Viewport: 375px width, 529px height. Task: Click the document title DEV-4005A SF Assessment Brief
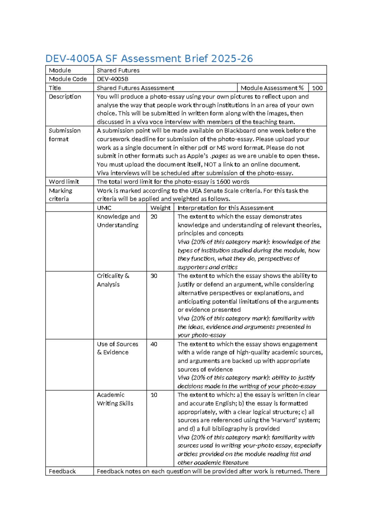coord(149,59)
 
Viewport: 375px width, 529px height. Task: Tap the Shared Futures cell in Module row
coord(118,70)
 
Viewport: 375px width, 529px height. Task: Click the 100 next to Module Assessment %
coord(317,88)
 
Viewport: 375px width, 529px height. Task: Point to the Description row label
coord(65,97)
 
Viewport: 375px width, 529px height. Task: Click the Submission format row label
coord(64,135)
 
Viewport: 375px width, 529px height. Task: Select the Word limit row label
coord(64,182)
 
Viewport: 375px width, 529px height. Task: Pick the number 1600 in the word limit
coord(223,182)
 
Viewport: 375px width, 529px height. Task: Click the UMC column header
coord(104,208)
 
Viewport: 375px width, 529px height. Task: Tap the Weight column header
coord(160,208)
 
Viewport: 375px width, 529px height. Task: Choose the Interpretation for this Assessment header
coord(225,208)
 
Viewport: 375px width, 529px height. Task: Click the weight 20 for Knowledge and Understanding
coord(154,216)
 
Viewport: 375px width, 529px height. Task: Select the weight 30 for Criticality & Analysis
coord(154,276)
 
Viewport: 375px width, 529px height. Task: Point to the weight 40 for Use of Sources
coord(154,344)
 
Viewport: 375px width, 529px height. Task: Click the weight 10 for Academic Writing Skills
coord(154,395)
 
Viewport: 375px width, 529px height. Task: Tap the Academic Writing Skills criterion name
coord(115,399)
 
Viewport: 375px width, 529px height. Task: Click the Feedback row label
coord(62,471)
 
